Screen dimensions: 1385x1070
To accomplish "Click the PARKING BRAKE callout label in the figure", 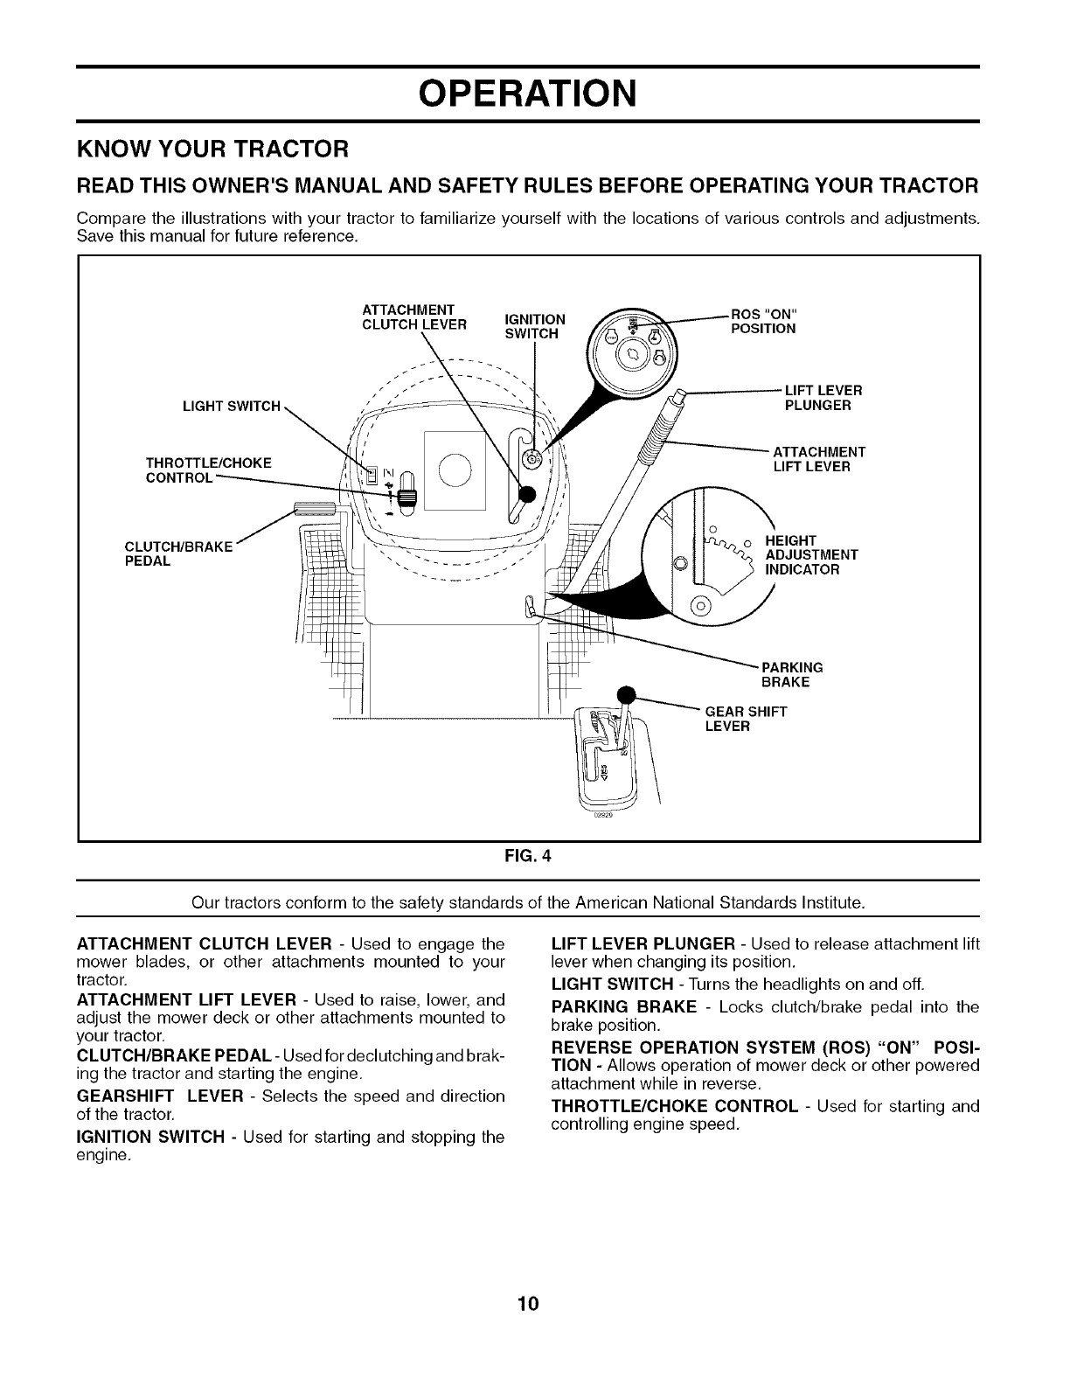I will tap(792, 674).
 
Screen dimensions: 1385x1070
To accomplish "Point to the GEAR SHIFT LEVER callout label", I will tap(745, 719).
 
